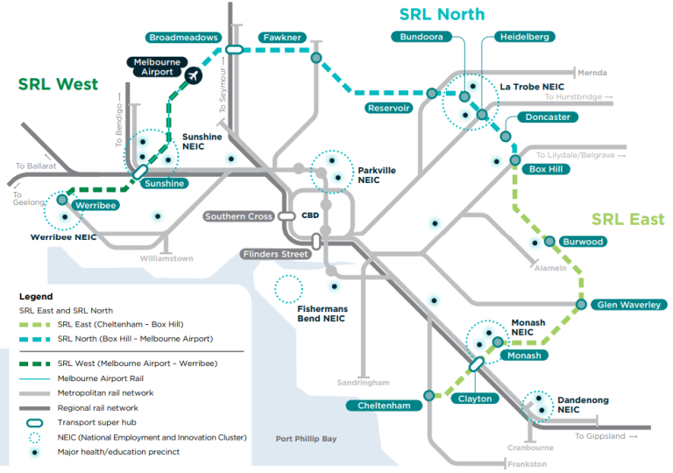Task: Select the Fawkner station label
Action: (281, 38)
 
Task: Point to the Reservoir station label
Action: (389, 108)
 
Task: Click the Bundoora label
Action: (422, 37)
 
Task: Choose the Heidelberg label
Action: (525, 37)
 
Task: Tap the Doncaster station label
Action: (549, 117)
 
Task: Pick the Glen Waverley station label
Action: (628, 305)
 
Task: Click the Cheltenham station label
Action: (383, 406)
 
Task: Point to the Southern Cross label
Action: (238, 215)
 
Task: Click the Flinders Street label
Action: (276, 254)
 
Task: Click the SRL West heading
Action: (58, 84)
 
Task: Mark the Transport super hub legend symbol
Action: (34, 422)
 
